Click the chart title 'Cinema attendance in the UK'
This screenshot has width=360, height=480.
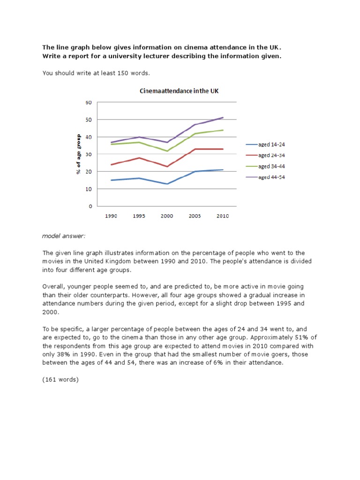179,91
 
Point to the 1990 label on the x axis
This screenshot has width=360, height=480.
111,216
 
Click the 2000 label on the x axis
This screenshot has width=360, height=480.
166,216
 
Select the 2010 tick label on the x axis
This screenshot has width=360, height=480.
222,216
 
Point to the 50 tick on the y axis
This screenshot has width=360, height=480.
88,120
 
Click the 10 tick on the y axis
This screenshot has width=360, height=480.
88,189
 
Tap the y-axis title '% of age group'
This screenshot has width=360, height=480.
79,154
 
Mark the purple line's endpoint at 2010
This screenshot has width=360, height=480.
223,118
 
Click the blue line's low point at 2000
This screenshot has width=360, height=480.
167,184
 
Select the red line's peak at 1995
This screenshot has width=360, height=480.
139,158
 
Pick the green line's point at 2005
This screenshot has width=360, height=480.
195,134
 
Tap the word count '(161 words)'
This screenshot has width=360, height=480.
60,380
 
